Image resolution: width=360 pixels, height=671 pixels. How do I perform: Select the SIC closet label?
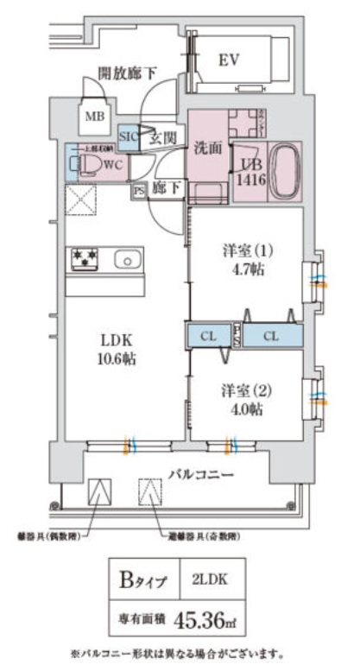[x=127, y=136]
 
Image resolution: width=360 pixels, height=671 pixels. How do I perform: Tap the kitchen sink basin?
[x=127, y=259]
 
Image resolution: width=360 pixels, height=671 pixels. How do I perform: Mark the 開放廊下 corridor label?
[x=126, y=73]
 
